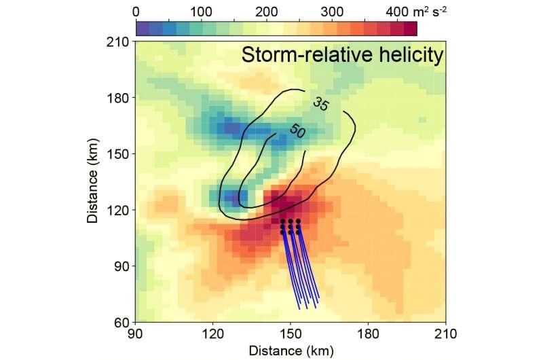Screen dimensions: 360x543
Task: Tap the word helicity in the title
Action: point(411,57)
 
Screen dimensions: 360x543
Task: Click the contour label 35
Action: point(320,105)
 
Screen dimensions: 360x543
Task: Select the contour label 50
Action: point(297,130)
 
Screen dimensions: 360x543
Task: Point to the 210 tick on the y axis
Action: point(121,41)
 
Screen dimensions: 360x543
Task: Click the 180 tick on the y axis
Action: point(121,98)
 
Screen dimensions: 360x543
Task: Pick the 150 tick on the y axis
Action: point(121,154)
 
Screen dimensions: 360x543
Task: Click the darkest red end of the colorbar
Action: point(410,28)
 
